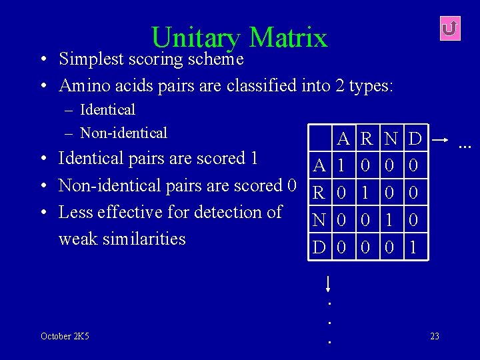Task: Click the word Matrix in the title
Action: [x=288, y=38]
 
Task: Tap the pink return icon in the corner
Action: [x=450, y=28]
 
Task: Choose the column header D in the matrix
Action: [x=415, y=139]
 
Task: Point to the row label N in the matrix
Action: [x=320, y=220]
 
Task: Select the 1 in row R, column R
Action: [x=366, y=193]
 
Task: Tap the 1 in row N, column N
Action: [x=391, y=220]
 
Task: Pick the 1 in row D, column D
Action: [x=414, y=247]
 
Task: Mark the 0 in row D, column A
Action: [x=342, y=247]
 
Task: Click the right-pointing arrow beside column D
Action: [x=439, y=141]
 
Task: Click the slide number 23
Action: [x=435, y=336]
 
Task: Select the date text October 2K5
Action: [x=65, y=336]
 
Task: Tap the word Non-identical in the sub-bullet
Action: [x=123, y=133]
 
